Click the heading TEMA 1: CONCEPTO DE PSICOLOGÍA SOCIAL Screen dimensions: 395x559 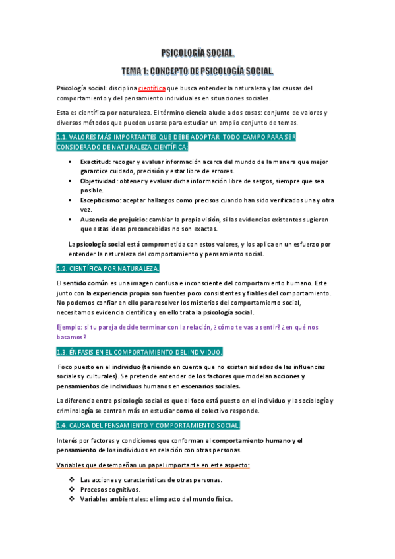click(x=198, y=70)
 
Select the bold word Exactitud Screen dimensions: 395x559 click(x=95, y=161)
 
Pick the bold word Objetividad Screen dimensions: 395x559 click(x=98, y=181)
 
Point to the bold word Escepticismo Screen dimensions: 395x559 click(x=100, y=200)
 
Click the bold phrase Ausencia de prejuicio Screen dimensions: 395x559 click(x=110, y=219)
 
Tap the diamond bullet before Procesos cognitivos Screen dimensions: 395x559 click(x=72, y=490)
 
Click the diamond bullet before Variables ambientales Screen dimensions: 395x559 click(x=72, y=500)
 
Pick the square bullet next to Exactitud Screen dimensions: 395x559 click(x=69, y=161)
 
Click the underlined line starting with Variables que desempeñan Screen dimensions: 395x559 click(x=153, y=465)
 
